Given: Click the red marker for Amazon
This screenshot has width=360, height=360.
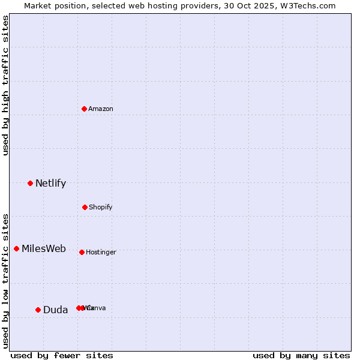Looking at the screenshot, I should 85,109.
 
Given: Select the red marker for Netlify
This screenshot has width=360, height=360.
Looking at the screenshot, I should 30,183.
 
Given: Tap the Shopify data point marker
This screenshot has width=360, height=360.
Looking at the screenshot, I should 85,207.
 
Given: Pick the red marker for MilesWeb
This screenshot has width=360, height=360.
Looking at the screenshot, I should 16,248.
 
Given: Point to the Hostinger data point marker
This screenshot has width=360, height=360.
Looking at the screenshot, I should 82,252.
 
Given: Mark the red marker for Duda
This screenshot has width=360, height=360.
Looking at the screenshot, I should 38,310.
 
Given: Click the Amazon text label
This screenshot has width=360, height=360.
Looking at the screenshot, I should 101,109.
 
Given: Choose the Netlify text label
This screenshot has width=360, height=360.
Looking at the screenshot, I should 50,184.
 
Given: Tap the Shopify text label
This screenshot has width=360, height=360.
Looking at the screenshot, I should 101,208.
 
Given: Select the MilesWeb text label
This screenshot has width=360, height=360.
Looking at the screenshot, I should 44,249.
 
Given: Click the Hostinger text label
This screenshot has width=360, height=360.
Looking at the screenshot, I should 101,253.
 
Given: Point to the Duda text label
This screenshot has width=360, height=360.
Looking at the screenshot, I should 55,310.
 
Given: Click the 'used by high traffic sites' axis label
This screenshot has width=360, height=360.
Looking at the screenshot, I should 6,85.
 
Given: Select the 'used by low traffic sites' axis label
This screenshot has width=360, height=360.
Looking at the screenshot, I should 6,280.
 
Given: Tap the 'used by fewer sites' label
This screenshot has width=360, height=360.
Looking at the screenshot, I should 62,355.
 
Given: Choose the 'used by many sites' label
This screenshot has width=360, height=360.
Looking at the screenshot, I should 301,355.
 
